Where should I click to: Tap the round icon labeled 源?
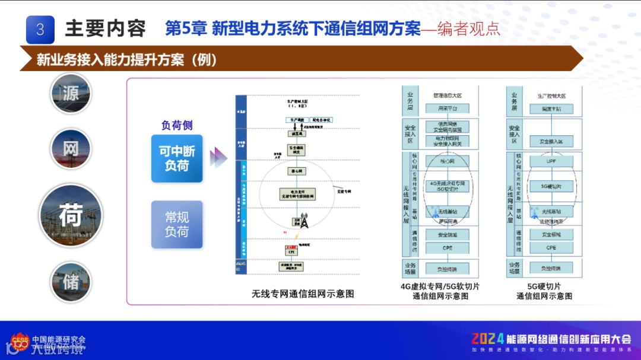tap(71, 94)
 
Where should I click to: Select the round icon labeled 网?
tap(71, 149)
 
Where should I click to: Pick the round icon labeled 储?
tap(71, 282)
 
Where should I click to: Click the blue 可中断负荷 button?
tap(177, 158)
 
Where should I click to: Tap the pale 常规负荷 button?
tap(177, 225)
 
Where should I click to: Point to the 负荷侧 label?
tap(177, 126)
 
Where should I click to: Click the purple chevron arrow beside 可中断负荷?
tap(218, 158)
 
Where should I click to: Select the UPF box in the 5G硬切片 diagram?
tap(551, 161)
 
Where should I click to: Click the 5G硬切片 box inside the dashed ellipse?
tap(551, 186)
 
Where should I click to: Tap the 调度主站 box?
tap(551, 109)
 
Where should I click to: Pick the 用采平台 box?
tap(447, 109)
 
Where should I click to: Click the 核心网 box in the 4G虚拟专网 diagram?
tap(447, 161)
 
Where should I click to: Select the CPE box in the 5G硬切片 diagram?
tap(551, 247)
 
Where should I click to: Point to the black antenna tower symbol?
tap(304, 222)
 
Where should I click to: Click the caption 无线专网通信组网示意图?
tap(303, 294)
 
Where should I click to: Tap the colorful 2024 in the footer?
tap(488, 339)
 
